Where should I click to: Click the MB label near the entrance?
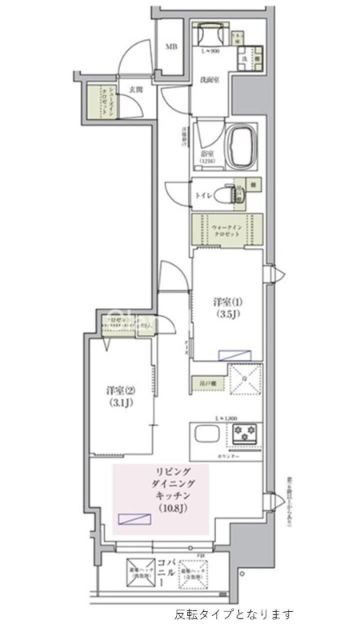pyautogui.click(x=171, y=46)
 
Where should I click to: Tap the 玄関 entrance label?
pyautogui.click(x=135, y=90)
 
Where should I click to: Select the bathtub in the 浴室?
pyautogui.click(x=242, y=146)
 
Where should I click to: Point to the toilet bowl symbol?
pyautogui.click(x=232, y=193)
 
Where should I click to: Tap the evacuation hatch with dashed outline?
pyautogui.click(x=197, y=574)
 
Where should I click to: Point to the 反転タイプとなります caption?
pyautogui.click(x=234, y=615)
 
